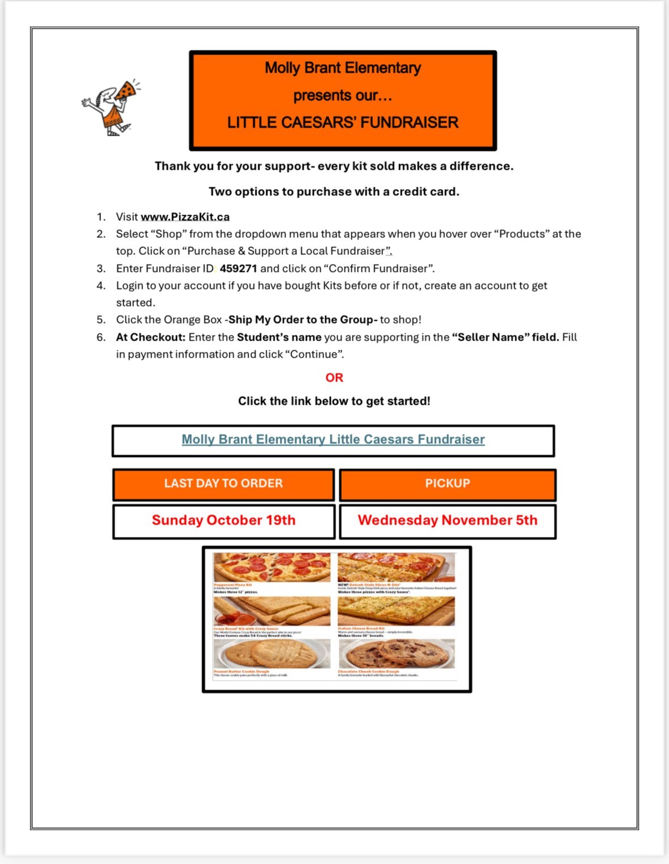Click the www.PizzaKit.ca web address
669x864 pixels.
point(185,217)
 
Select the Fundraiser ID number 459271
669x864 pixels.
point(238,269)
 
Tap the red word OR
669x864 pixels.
point(334,378)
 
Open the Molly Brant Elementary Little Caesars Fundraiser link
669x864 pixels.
point(333,439)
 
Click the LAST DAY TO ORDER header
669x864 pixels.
point(224,484)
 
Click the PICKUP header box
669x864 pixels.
point(447,484)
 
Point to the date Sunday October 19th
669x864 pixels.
point(224,521)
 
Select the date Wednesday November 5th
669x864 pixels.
point(447,521)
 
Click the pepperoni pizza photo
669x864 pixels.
point(272,567)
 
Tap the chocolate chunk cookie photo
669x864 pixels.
point(396,655)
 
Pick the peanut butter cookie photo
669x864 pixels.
point(272,655)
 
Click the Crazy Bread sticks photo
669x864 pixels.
point(272,611)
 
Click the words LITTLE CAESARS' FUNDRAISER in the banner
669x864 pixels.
point(343,123)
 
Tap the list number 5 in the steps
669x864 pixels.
point(101,320)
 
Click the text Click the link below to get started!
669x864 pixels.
point(334,401)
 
